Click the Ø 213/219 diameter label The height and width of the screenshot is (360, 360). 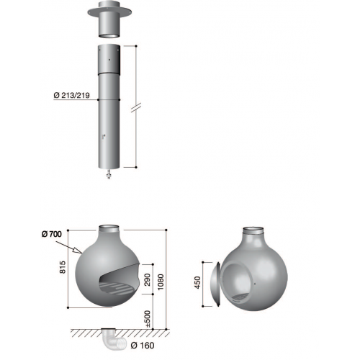[x=72, y=95]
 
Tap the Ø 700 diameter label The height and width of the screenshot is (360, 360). [x=52, y=234]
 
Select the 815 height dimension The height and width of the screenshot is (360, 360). [x=62, y=267]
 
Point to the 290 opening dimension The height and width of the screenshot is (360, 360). [x=147, y=279]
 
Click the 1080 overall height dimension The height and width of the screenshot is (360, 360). [x=161, y=282]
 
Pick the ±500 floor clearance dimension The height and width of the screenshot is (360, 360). [x=148, y=319]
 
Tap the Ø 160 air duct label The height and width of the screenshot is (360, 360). [x=143, y=346]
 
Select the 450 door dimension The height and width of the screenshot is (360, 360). [x=197, y=282]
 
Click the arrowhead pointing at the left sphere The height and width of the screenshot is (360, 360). [x=77, y=250]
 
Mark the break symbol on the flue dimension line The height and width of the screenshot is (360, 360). [x=136, y=107]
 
